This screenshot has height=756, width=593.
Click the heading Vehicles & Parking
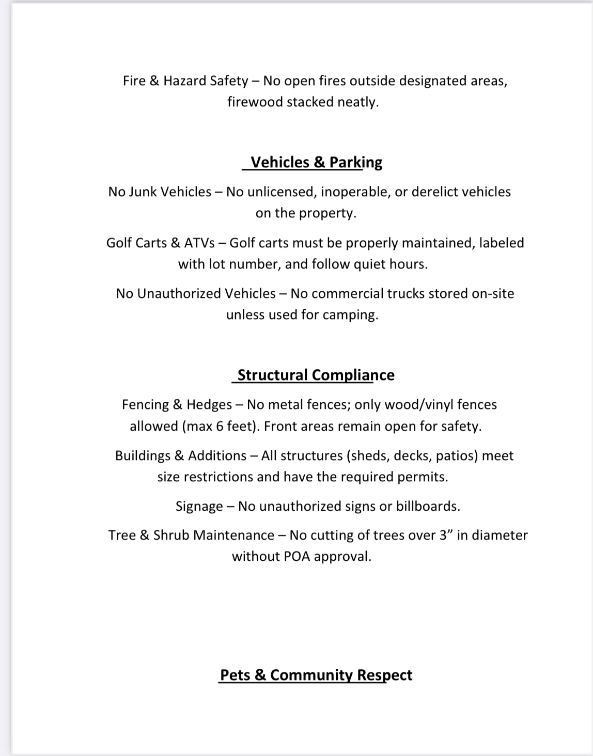pos(316,162)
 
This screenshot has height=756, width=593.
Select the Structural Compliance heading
pos(316,375)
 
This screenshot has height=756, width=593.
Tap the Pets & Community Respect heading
pos(316,675)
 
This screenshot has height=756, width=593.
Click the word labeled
pos(501,243)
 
